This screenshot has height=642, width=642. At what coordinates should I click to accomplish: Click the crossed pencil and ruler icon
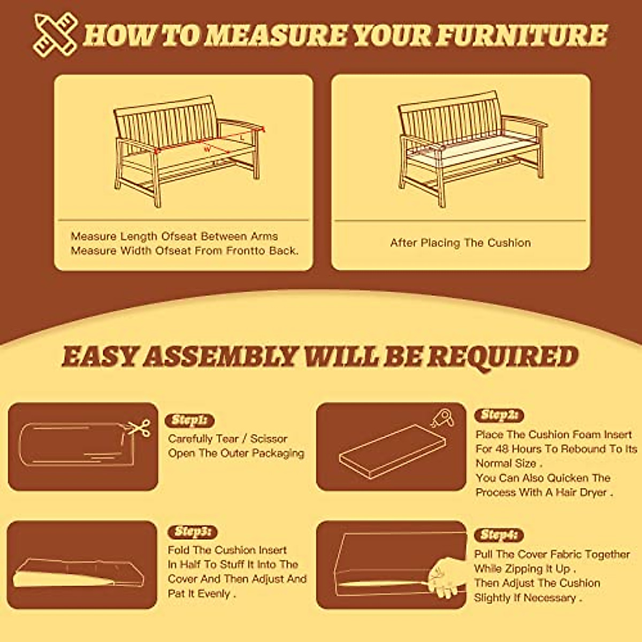point(55,35)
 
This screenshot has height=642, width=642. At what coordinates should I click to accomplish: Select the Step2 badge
point(499,415)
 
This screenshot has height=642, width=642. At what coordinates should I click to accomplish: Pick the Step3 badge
point(193,532)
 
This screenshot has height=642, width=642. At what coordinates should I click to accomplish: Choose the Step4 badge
point(499,535)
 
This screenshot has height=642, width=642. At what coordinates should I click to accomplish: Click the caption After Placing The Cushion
point(460,243)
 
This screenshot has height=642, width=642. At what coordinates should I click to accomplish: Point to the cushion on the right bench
point(471,147)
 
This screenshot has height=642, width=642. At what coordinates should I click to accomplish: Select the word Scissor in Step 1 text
point(269,439)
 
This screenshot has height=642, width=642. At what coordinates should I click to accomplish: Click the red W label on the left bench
point(207,149)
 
